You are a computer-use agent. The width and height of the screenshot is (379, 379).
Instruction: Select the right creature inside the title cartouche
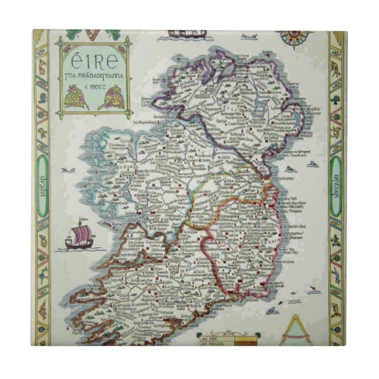tap(110, 98)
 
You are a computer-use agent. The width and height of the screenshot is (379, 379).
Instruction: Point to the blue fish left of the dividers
tap(272, 311)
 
